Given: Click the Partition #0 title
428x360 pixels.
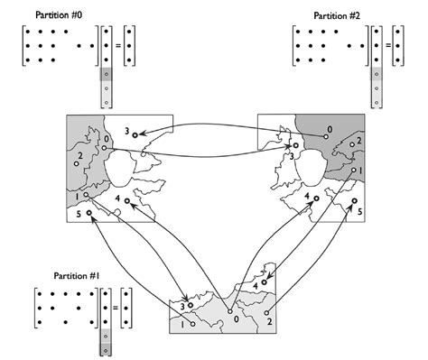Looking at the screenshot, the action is pos(59,15).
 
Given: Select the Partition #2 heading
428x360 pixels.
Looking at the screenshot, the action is pos(337,15).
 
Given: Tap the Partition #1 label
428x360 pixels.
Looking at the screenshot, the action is pos(77,275).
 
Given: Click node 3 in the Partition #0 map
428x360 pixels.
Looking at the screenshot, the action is pos(135,135).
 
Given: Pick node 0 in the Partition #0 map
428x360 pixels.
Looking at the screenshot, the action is pos(104,148).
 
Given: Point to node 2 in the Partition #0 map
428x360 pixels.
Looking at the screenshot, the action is pos(77,163).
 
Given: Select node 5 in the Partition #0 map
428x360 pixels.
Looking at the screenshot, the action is pos(89,213).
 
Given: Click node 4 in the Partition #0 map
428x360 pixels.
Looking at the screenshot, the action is pos(127,200).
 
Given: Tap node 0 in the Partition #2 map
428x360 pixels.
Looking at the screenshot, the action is pos(325,136).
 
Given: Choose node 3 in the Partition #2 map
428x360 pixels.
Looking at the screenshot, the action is pos(296,145).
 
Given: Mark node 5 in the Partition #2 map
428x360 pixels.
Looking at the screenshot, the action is pos(355,200).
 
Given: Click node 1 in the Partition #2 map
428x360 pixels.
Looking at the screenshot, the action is pos(354,170).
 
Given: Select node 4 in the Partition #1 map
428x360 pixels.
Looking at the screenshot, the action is pos(265,282).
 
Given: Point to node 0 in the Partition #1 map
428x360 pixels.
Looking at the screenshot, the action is pos(230,311).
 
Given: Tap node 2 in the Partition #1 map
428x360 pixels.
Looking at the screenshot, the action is pos(266,313).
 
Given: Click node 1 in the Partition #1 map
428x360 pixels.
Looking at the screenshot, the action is pos(192,324).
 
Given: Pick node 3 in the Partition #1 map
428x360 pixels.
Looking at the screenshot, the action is pos(191,305).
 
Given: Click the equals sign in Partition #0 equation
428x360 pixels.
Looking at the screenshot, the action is pos(118,46).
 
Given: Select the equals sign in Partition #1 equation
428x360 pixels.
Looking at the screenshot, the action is pos(116,308).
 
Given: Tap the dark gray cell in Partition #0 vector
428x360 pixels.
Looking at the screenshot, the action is pos(106,74).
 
